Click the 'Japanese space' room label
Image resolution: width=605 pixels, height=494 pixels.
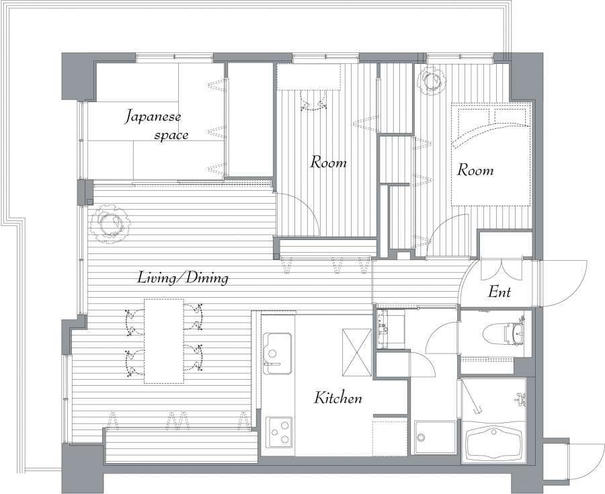(x=156, y=125)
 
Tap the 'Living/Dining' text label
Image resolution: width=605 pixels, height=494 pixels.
(x=183, y=278)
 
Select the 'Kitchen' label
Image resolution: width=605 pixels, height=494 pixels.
(x=338, y=398)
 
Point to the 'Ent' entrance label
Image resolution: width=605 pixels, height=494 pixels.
(x=499, y=292)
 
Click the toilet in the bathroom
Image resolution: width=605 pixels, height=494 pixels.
(x=504, y=333)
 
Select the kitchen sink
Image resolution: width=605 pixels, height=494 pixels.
(x=277, y=354)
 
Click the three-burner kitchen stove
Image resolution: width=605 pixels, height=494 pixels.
(x=278, y=433)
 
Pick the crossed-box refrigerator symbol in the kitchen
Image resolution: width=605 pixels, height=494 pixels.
(x=356, y=352)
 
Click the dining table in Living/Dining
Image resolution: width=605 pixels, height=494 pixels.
(x=164, y=341)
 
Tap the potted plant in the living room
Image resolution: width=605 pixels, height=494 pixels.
(x=110, y=224)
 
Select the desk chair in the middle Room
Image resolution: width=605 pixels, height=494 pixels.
(x=313, y=101)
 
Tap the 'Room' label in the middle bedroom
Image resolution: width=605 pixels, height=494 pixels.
(x=328, y=163)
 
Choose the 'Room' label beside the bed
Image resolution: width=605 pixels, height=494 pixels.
(x=475, y=170)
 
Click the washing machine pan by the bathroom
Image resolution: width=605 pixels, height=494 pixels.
(x=435, y=438)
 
